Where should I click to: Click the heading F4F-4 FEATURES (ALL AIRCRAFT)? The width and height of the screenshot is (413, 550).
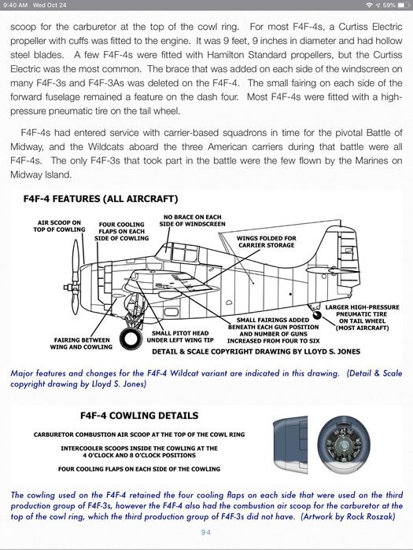tap(101, 199)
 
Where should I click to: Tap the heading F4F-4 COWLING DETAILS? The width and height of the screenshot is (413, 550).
tap(139, 416)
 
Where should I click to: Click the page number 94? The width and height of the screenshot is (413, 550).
tap(206, 533)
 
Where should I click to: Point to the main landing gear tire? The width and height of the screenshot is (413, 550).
tap(131, 338)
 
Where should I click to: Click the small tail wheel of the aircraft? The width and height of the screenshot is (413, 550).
tap(317, 315)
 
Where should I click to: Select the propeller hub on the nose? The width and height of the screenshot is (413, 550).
tap(68, 288)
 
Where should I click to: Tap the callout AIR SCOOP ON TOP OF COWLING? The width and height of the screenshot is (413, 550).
tap(59, 226)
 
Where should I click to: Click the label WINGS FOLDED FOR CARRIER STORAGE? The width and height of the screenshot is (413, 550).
tap(267, 242)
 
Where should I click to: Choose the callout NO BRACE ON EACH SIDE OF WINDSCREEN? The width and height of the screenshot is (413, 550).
tap(193, 221)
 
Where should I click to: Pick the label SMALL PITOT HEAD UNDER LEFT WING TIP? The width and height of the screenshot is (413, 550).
tap(180, 337)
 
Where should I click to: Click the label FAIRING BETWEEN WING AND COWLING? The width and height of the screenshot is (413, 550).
tap(81, 343)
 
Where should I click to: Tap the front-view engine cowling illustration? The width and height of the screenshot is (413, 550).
tap(344, 445)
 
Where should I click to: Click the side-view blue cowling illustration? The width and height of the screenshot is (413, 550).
tap(290, 445)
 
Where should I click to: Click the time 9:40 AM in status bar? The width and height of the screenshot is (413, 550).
tap(15, 5)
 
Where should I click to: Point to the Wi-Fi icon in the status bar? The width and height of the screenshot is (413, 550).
tap(369, 5)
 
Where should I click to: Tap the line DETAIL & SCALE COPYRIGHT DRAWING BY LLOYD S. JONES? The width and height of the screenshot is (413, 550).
tap(256, 351)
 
